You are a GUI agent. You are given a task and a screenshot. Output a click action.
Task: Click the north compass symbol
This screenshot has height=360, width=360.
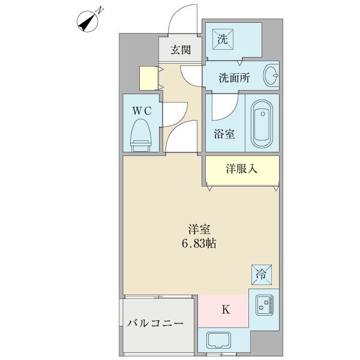88,20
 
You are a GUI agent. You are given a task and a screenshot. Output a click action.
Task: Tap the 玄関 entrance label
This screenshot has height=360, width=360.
179,51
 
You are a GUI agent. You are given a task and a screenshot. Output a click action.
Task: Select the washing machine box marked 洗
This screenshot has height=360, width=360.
223,40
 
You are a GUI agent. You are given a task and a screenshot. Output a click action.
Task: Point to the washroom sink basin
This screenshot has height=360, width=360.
271,76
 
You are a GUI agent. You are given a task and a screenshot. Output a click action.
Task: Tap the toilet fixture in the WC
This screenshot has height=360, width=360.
140,133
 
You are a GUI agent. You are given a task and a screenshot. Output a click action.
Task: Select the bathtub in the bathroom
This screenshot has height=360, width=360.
262,125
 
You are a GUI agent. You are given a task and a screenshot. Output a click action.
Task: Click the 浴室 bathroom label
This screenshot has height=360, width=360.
224,134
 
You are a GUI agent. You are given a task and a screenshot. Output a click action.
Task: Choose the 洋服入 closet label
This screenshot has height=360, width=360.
242,169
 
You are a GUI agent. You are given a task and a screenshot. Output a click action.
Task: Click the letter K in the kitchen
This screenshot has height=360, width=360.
226,310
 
